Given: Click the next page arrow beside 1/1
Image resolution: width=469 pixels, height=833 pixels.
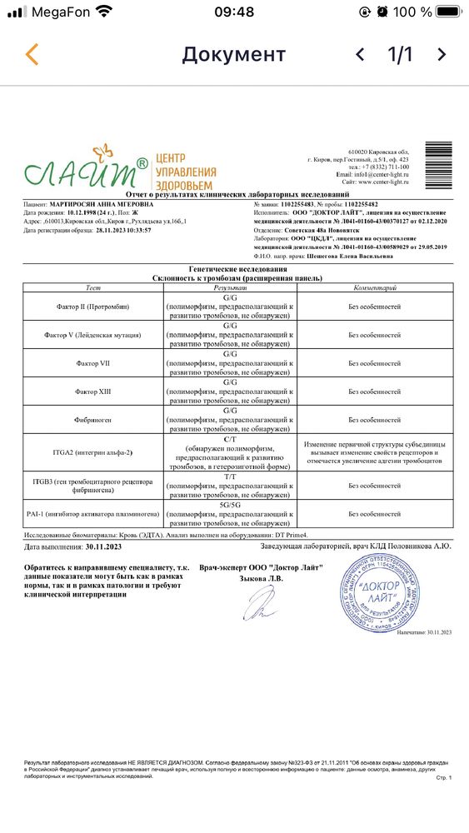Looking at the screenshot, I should [442, 55].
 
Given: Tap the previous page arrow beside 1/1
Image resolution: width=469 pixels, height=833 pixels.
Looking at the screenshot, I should [360, 55].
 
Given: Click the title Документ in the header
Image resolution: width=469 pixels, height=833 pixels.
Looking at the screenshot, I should [234, 55].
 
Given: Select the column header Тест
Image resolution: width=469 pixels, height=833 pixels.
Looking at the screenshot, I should [93, 287].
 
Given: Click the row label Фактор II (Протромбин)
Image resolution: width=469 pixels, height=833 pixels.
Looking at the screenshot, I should [93, 307].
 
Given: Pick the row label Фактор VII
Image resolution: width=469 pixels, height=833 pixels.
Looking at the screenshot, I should [93, 362].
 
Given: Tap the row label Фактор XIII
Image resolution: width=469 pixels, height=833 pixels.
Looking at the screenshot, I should [93, 391].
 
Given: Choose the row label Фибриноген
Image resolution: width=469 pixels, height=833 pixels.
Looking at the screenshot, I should [93, 419].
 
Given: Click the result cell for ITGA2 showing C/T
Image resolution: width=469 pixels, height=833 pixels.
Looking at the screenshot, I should [231, 452].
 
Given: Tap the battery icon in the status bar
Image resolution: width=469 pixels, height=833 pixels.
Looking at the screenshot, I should [448, 12].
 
